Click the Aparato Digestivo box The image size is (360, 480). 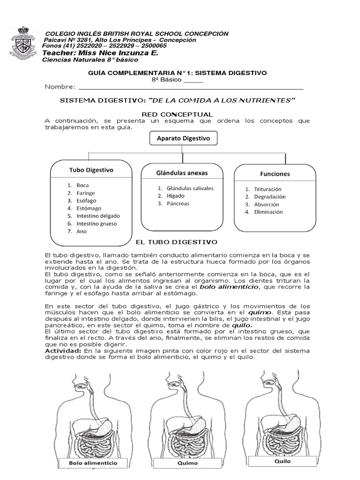click(183, 138)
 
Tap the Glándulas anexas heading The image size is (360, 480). click(182, 172)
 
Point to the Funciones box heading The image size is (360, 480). click(275, 173)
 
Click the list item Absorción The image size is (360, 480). click(266, 204)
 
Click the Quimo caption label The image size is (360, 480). click(188, 463)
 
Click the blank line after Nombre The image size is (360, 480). click(190, 87)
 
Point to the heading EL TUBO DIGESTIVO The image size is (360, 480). click(176, 242)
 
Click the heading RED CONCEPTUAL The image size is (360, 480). click(177, 114)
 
